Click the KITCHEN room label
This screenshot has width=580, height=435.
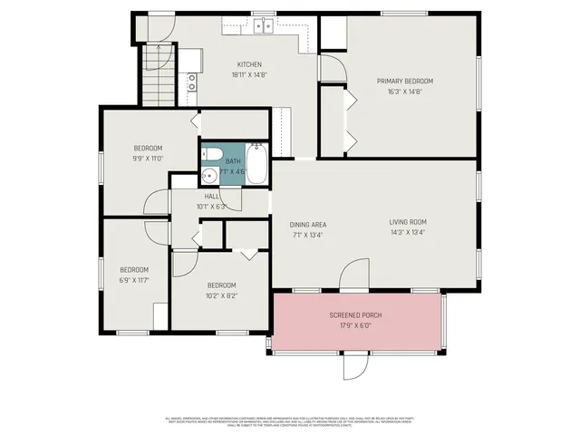click(249, 64)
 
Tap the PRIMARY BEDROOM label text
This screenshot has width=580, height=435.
click(400, 81)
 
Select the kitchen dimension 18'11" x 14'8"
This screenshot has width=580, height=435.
click(249, 74)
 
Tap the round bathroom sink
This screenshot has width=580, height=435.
click(209, 177)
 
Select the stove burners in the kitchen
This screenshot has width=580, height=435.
click(192, 83)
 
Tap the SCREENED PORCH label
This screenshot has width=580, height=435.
click(355, 315)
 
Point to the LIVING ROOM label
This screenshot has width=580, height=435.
click(408, 222)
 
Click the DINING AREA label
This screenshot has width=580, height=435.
click(307, 225)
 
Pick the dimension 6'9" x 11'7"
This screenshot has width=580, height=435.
click(134, 280)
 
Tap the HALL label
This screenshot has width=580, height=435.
click(211, 196)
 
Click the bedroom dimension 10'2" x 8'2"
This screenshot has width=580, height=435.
click(222, 295)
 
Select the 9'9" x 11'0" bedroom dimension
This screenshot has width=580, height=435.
click(148, 159)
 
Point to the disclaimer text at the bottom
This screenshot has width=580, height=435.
click(290, 421)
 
